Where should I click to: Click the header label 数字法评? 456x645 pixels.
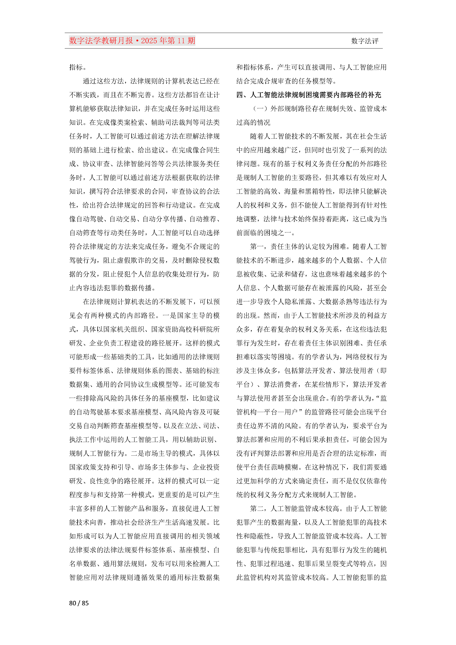pyautogui.click(x=364, y=41)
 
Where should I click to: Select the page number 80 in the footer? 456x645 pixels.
pyautogui.click(x=72, y=603)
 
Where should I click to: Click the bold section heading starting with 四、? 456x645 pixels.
pyautogui.click(x=309, y=95)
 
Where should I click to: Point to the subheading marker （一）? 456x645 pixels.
pyautogui.click(x=260, y=109)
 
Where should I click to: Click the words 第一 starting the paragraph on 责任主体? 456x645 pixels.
pyautogui.click(x=256, y=247)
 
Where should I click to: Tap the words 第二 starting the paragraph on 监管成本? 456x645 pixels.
pyautogui.click(x=256, y=508)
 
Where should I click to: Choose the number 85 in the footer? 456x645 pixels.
pyautogui.click(x=85, y=603)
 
